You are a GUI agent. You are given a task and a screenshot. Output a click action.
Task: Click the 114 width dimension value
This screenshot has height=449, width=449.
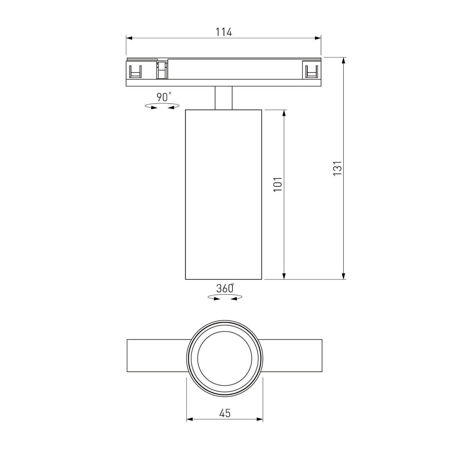tap(224, 32)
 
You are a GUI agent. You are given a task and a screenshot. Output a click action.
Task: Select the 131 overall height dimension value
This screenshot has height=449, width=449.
tap(337, 168)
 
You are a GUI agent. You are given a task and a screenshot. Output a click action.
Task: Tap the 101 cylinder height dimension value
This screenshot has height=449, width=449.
tap(278, 184)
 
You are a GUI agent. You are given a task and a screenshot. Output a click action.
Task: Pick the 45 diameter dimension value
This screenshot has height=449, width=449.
tap(225, 413)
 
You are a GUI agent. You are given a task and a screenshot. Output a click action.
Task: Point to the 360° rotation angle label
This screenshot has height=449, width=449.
tap(224, 288)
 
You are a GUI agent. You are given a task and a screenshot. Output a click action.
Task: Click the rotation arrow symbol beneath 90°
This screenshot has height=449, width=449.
tap(162, 106)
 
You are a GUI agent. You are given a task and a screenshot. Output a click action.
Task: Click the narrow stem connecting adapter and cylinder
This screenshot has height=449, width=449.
tap(224, 98)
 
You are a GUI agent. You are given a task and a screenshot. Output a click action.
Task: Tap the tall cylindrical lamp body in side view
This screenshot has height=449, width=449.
tap(224, 194)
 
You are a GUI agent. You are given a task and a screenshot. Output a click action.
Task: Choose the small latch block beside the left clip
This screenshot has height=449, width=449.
tap(162, 70)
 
